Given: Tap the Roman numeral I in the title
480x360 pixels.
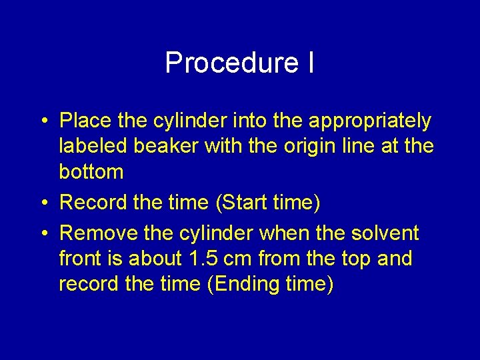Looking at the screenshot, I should (311, 63).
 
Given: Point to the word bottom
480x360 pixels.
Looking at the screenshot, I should (91, 172).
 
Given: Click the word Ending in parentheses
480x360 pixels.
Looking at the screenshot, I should (246, 285).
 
